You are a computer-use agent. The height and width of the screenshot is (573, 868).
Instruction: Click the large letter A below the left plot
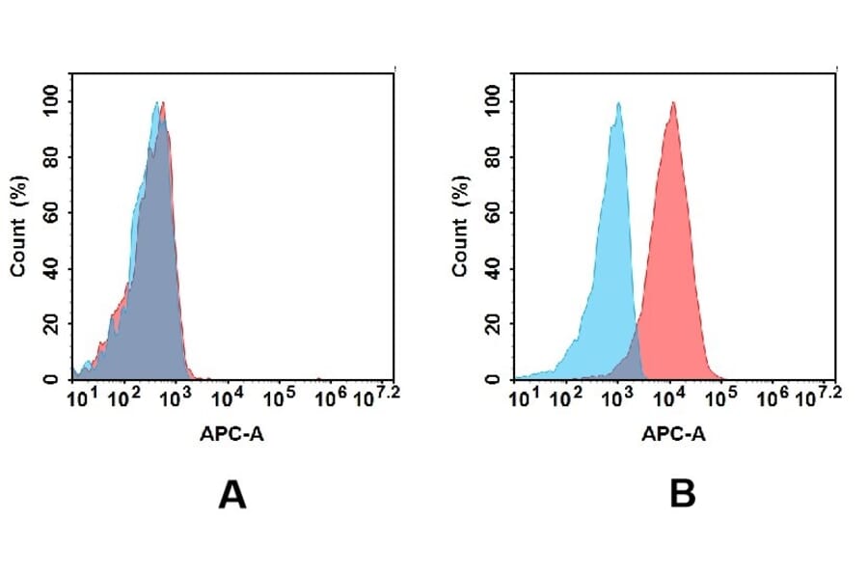(232, 495)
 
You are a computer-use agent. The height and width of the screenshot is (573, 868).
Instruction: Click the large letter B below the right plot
(682, 495)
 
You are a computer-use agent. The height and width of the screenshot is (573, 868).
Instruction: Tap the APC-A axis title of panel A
(232, 434)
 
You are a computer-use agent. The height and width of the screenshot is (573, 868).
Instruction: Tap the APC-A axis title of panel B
(673, 434)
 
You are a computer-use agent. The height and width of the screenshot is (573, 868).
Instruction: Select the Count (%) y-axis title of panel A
(18, 226)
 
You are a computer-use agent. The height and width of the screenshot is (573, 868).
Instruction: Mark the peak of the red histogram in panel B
(673, 104)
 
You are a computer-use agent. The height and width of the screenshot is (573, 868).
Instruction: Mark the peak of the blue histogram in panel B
(617, 104)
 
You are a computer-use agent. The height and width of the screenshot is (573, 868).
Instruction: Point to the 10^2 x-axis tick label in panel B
(569, 396)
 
